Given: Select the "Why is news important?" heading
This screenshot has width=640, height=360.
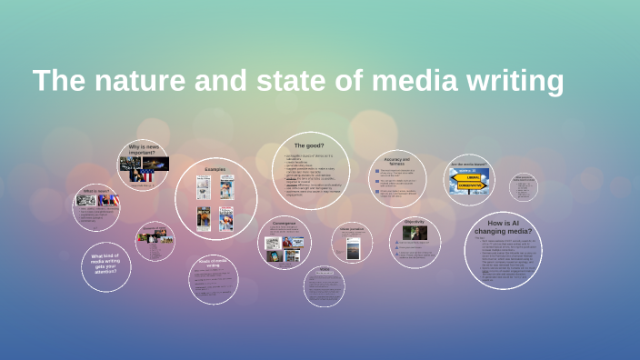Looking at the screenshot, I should [x=143, y=150].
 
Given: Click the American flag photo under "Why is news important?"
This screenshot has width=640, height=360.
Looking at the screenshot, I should [x=141, y=173].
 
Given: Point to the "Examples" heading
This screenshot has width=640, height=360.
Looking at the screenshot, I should [x=215, y=169].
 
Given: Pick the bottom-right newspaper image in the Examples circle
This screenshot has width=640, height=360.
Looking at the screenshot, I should [x=226, y=218].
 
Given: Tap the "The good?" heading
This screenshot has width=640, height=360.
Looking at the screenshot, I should [x=309, y=145].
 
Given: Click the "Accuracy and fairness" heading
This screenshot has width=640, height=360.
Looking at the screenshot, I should [x=398, y=161].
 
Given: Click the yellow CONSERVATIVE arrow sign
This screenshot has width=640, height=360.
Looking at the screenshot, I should [x=470, y=187].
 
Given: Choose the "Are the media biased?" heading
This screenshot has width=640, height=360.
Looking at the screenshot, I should [x=469, y=165].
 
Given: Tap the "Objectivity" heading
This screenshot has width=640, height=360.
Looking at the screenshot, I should [x=415, y=222].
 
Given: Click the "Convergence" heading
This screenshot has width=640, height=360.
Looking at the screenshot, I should [x=284, y=220].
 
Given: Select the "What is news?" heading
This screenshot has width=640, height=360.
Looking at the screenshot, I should [x=97, y=191].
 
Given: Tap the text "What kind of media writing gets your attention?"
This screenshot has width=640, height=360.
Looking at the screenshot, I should [x=106, y=264].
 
